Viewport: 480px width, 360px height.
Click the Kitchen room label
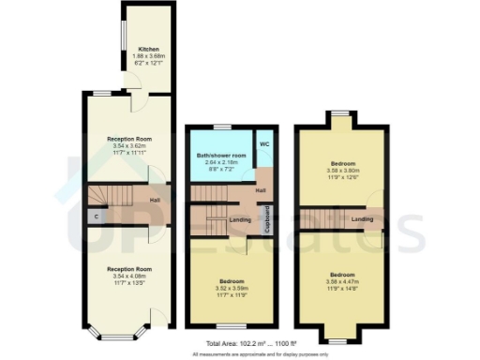[148, 49]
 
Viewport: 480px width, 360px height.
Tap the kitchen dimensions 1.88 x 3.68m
[148, 55]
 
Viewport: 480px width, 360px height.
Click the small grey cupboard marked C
[97, 217]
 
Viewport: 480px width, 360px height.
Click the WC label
[264, 144]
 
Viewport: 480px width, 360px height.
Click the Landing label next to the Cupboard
[239, 220]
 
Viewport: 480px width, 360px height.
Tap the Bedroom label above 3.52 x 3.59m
[231, 280]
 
